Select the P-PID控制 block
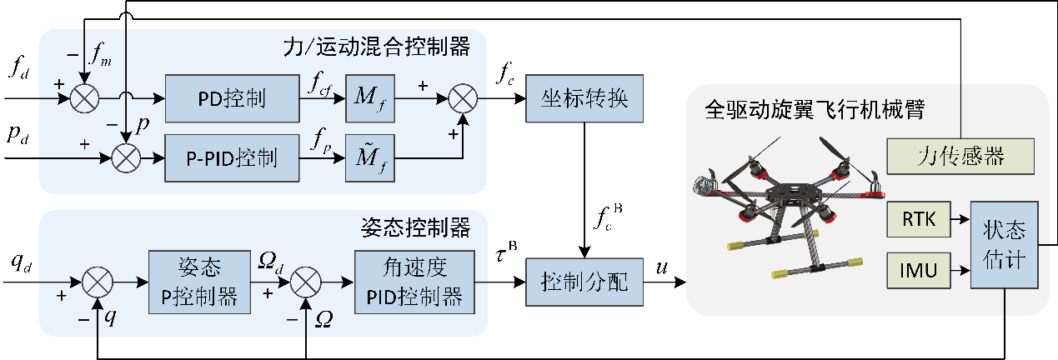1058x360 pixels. coord(232,156)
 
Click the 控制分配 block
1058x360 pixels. coord(586,281)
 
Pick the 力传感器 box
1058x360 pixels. coord(959,156)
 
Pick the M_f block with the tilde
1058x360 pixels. coord(369,156)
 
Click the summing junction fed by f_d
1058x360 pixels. coord(83,99)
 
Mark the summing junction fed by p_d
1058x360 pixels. coord(125,156)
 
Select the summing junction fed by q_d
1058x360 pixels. coord(98,282)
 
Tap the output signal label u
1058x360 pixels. coord(661,267)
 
